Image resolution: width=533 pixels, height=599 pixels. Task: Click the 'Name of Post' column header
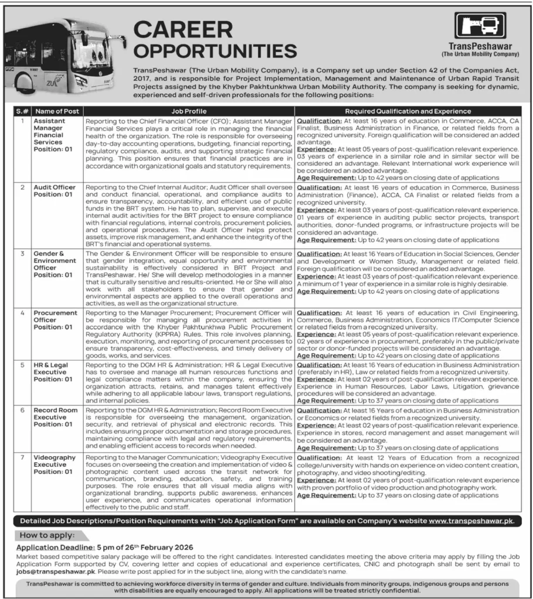click(x=56, y=111)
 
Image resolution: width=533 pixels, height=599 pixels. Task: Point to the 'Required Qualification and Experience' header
click(x=408, y=111)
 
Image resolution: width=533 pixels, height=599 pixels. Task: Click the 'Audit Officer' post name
click(x=54, y=187)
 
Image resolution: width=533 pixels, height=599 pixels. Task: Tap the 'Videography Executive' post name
click(x=54, y=457)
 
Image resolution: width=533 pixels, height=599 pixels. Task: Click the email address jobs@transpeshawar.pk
click(x=50, y=572)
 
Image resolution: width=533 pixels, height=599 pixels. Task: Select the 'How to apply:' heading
click(x=47, y=535)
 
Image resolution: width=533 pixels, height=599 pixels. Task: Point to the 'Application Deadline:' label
click(x=51, y=548)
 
